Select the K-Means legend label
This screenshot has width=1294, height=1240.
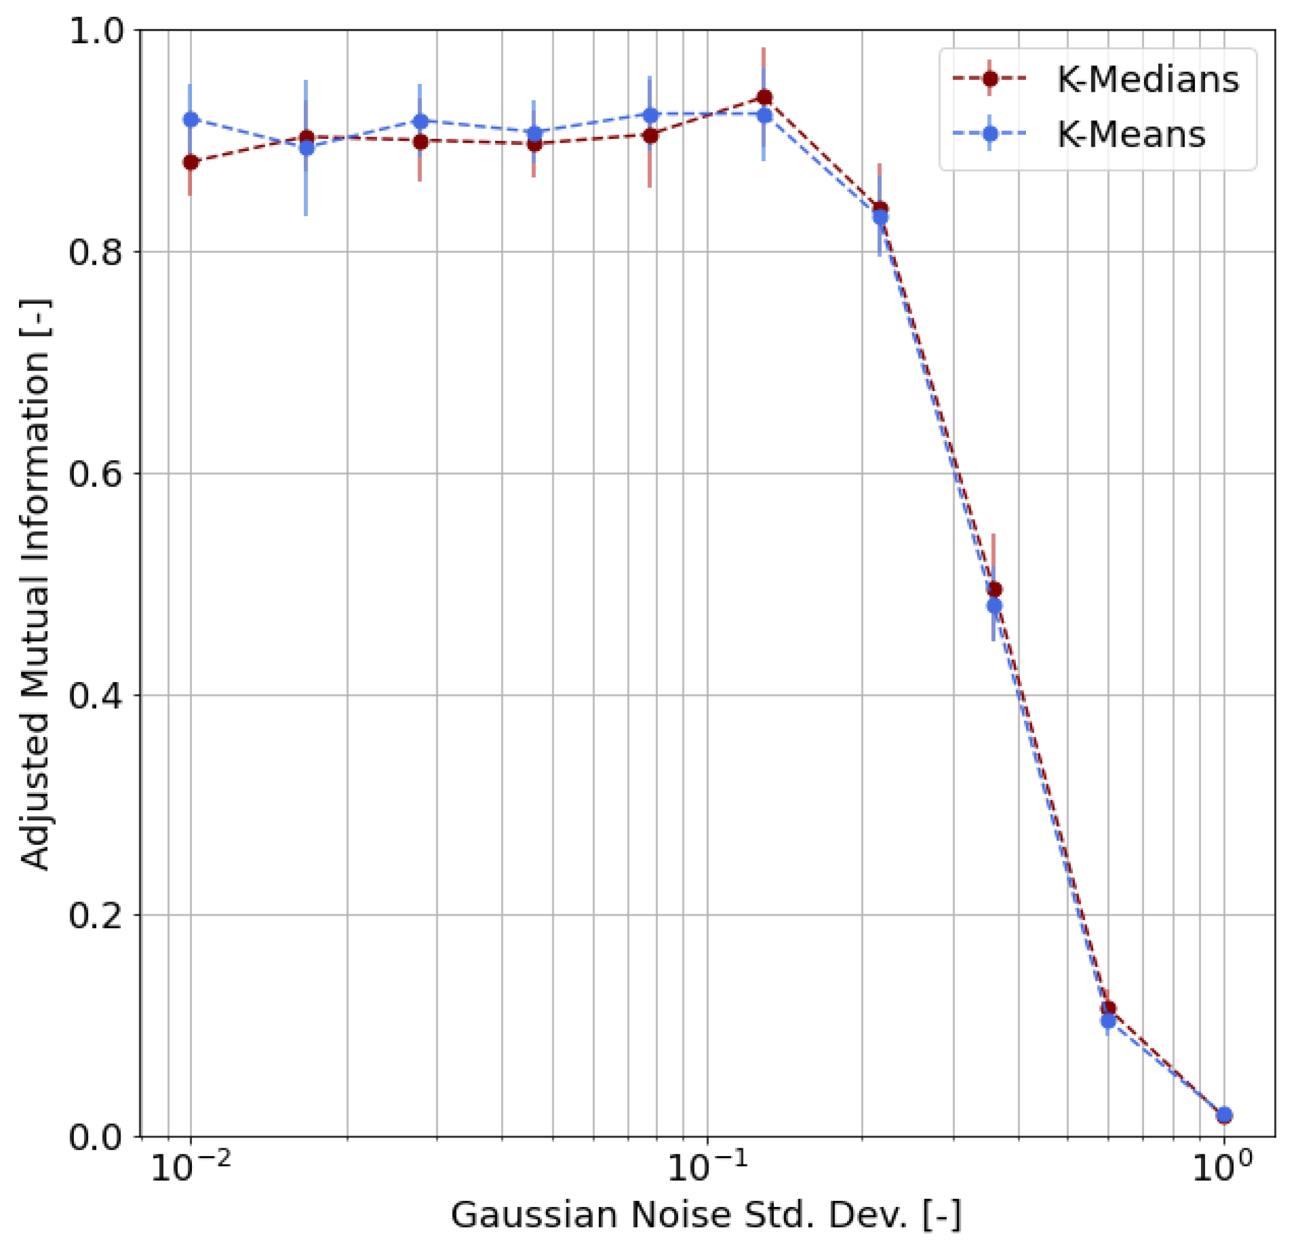point(1132,134)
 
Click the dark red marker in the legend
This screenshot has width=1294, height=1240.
point(990,78)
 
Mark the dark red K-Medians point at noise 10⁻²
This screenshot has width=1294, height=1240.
point(191,162)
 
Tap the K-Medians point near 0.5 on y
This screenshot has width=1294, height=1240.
point(995,590)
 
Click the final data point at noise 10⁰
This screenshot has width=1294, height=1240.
point(1224,1115)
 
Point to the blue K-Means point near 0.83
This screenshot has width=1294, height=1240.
point(880,217)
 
